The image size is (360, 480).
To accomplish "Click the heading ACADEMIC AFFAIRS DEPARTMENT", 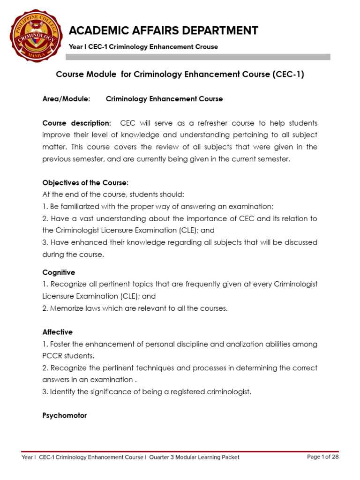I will [163, 31].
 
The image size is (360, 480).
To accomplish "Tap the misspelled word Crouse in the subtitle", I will [207, 47].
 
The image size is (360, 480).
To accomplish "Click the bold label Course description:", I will [77, 123].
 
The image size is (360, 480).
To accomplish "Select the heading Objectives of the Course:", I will [85, 182].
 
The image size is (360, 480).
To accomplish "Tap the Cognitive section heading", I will [59, 272].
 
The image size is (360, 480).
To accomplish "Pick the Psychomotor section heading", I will [65, 415].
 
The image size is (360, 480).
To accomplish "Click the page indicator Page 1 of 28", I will [322, 457].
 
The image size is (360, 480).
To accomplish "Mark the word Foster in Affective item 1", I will [60, 344].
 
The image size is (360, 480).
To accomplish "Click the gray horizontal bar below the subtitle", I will [198, 57].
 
